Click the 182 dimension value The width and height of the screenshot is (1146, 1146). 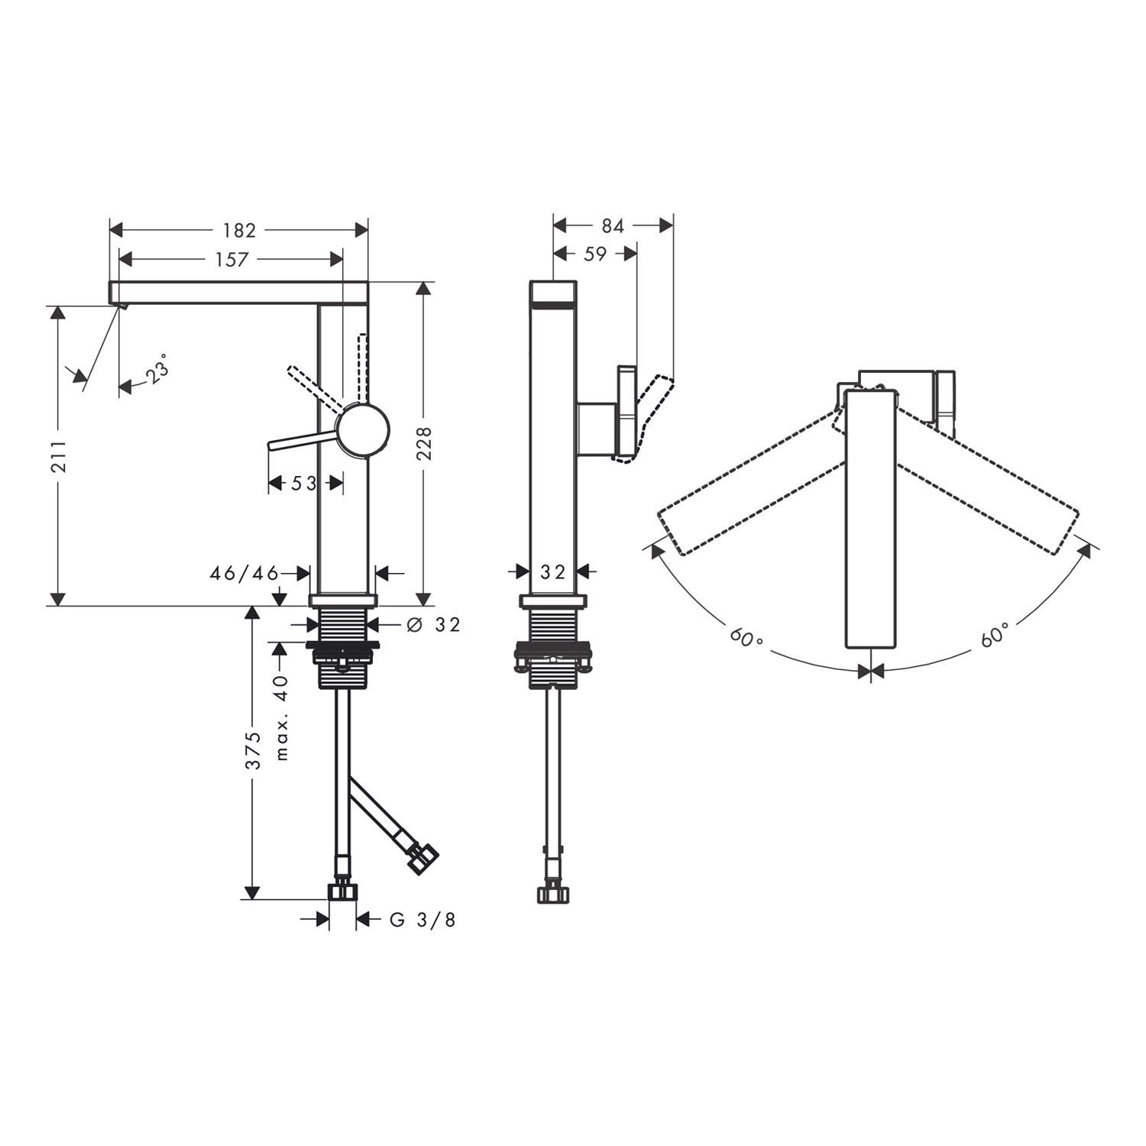239,230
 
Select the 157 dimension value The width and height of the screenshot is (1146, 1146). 231,260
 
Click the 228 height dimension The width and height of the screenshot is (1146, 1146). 425,443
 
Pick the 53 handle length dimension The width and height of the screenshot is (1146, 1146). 304,483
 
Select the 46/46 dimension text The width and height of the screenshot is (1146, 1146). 244,573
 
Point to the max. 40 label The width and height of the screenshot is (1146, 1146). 282,717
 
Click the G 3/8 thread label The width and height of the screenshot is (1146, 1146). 422,920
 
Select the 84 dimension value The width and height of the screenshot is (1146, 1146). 613,225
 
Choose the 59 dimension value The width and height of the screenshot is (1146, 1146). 595,254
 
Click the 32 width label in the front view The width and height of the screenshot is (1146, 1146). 552,571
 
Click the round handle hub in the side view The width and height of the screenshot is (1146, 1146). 364,429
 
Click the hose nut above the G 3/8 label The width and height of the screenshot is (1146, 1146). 343,891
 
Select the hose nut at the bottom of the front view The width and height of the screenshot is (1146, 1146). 552,893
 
